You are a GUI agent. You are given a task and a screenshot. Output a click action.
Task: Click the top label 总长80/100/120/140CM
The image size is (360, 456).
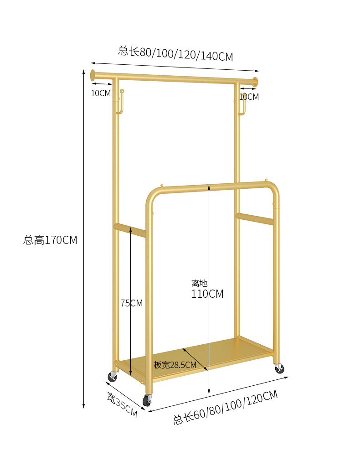point(175,53)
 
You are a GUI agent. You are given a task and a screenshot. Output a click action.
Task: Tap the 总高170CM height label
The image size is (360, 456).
point(50,240)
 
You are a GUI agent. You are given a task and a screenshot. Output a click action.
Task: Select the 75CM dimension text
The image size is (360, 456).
point(131,303)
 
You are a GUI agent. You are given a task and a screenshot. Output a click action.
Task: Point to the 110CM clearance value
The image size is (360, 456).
point(207,294)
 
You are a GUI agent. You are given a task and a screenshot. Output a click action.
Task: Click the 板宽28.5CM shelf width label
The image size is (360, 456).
point(175,365)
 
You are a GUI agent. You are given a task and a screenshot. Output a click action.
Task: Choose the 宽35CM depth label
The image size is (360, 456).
point(122,405)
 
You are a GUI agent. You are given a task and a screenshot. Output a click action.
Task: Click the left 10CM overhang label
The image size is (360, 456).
point(101,93)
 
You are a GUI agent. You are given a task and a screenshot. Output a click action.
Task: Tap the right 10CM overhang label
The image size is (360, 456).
point(249,97)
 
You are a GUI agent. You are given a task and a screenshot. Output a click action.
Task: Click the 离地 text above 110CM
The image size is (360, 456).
point(199,283)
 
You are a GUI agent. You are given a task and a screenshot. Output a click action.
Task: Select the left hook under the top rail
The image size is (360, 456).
point(121,102)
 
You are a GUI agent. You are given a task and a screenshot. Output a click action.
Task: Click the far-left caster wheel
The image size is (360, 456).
point(112,376)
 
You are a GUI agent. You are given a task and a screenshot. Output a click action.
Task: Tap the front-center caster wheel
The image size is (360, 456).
point(147,400)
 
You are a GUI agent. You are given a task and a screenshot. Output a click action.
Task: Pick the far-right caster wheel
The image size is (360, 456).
point(278,368)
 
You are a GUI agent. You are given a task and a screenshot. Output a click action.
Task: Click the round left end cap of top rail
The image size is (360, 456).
point(93,74)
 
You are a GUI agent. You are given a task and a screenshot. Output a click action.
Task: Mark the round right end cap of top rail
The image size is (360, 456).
point(255,82)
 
